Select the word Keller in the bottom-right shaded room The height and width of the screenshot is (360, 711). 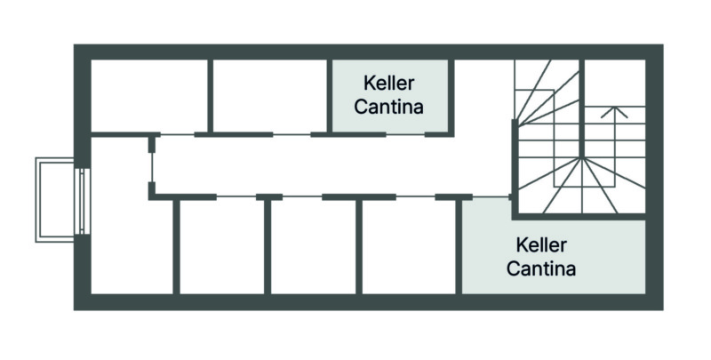point(540,244)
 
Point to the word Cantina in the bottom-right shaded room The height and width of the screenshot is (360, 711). point(540,268)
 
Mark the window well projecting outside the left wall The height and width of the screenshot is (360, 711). point(56,199)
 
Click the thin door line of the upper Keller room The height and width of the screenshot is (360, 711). point(405,134)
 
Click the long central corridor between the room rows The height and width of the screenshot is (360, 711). point(329,165)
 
